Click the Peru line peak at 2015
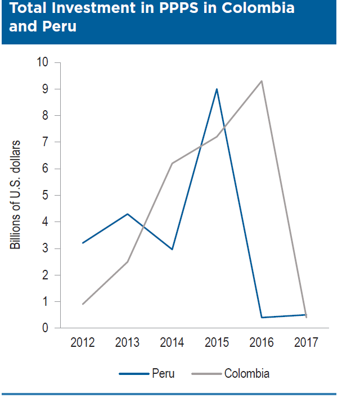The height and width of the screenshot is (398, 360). point(217,89)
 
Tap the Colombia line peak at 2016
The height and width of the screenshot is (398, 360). point(262,81)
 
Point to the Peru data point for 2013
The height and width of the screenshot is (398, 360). point(128,214)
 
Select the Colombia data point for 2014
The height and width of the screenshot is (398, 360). point(172,163)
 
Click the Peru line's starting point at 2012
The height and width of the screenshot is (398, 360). point(83,243)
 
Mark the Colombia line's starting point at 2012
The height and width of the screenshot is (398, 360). point(83,304)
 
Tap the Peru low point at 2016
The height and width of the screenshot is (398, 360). point(262,318)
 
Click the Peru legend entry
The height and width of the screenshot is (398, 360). point(147,373)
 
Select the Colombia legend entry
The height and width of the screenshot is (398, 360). point(231,373)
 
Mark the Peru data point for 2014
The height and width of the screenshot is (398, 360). point(172,249)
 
